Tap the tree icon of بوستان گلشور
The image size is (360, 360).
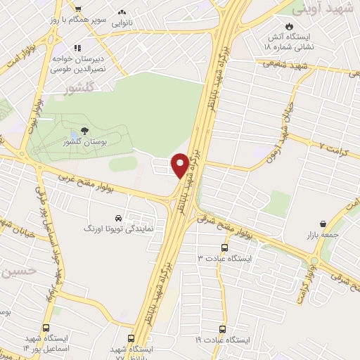pyautogui.click(x=85, y=130)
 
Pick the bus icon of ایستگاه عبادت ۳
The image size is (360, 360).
pyautogui.click(x=224, y=247)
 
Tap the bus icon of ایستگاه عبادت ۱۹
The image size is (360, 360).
pyautogui.click(x=223, y=329)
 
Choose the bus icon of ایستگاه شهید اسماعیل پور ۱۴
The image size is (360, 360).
pyautogui.click(x=46, y=328)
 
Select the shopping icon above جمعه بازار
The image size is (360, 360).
pyautogui.click(x=323, y=224)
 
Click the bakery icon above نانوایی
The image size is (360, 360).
pyautogui.click(x=123, y=12)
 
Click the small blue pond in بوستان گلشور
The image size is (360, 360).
pyautogui.click(x=75, y=136)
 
